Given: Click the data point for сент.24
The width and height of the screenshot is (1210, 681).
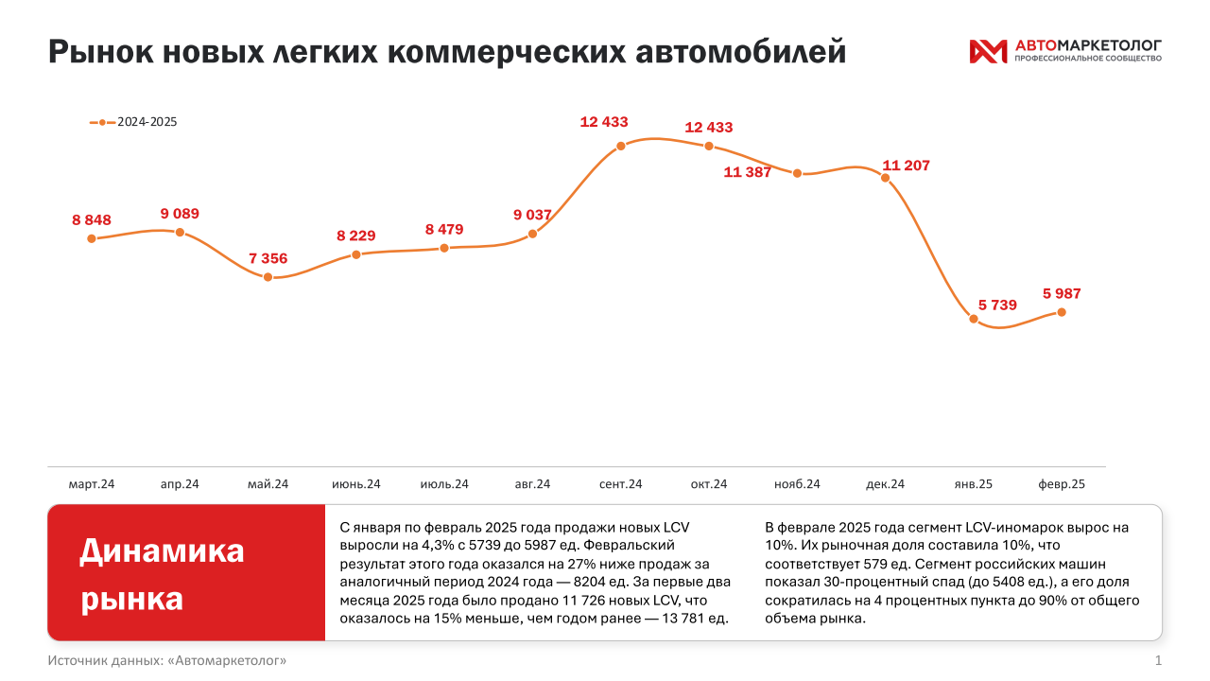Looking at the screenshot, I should pyautogui.click(x=621, y=146).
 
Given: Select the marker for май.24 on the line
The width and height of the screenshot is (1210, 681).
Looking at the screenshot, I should pyautogui.click(x=268, y=277).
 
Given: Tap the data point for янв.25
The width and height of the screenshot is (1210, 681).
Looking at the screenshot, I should pyautogui.click(x=974, y=319).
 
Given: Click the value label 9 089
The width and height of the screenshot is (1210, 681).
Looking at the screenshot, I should pyautogui.click(x=180, y=214).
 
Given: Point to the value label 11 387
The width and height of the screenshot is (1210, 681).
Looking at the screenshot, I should pyautogui.click(x=748, y=172).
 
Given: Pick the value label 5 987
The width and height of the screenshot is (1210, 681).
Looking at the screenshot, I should pyautogui.click(x=1062, y=293).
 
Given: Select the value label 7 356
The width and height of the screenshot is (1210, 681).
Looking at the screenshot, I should pyautogui.click(x=268, y=258).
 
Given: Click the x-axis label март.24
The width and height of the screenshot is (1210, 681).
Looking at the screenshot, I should pyautogui.click(x=92, y=484).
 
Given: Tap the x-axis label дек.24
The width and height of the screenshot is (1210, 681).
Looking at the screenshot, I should pyautogui.click(x=885, y=484).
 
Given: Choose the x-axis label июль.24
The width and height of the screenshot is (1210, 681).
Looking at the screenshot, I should pyautogui.click(x=444, y=484).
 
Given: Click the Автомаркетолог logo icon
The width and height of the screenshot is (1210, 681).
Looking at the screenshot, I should pyautogui.click(x=988, y=51).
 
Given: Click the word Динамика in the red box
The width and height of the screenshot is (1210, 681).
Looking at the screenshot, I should pyautogui.click(x=162, y=550).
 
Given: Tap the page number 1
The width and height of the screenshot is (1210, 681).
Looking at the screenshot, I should pyautogui.click(x=1158, y=660).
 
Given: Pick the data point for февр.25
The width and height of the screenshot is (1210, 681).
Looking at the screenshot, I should pyautogui.click(x=1062, y=312).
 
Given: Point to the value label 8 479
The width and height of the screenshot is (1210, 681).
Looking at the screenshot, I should pyautogui.click(x=444, y=229).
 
